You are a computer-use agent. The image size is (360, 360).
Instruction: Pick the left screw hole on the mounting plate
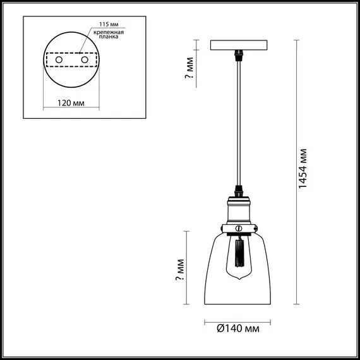[59, 59]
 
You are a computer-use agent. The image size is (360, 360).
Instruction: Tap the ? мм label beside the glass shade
[181, 269]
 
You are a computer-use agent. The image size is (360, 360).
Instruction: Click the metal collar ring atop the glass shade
[239, 227]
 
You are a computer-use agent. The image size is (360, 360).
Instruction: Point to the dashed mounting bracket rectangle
[72, 59]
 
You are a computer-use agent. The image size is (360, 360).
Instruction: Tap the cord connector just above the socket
[239, 188]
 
